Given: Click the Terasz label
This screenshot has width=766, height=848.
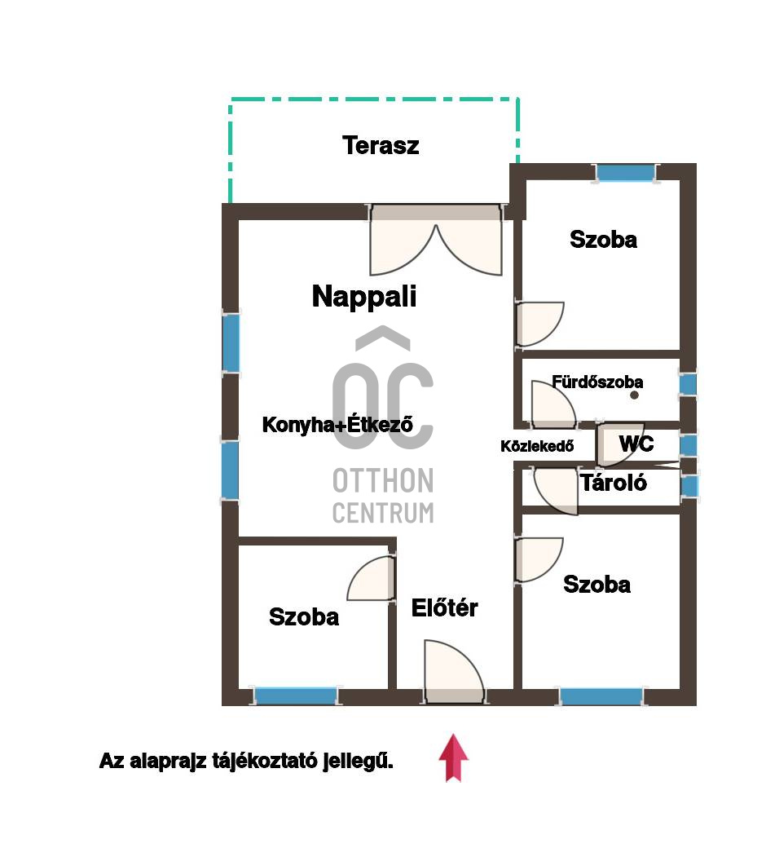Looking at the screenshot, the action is (381, 145).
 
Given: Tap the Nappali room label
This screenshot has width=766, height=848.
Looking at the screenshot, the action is (363, 297).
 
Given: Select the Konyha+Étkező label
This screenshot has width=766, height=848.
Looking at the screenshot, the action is (337, 425).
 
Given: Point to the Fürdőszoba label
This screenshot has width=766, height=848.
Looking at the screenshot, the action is (597, 382).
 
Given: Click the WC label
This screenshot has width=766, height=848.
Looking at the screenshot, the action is (636, 444).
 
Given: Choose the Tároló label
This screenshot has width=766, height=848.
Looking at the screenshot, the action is (614, 483).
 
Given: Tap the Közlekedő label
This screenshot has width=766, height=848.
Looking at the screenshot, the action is (537, 446).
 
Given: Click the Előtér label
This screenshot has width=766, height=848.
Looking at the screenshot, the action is (444, 608).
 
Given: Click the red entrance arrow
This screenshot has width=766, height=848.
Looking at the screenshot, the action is (453, 757).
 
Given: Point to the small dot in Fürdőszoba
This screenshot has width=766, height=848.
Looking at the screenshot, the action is (634, 395).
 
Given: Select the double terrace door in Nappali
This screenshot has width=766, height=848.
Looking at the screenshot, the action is (436, 240).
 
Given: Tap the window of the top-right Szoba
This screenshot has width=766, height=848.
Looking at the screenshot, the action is (626, 173).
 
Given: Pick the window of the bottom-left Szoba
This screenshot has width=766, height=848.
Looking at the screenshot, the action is (296, 696).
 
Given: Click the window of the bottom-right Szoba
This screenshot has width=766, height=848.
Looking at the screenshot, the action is (601, 696).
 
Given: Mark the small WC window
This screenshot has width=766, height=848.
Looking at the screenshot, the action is (688, 445).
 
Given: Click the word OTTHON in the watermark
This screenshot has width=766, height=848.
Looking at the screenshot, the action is (383, 481).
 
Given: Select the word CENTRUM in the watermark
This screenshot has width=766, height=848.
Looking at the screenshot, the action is (383, 513).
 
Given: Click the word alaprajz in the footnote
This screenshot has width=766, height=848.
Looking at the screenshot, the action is (168, 762).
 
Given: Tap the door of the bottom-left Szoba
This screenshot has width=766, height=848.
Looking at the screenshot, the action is (372, 578).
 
